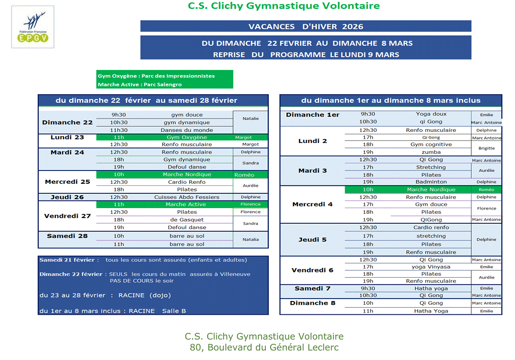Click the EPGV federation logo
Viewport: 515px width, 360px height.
point(32,27)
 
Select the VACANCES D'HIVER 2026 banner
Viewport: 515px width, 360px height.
point(305,26)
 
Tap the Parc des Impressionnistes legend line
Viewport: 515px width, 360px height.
point(156,76)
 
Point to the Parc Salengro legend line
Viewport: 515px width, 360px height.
point(140,84)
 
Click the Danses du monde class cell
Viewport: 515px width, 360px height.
point(187,130)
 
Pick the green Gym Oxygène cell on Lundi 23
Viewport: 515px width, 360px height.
point(187,137)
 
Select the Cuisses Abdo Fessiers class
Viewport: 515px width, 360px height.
point(187,197)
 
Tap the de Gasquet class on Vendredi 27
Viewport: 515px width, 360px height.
point(187,220)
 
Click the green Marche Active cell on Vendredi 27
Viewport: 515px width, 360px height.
point(187,204)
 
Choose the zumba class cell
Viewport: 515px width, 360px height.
point(431,152)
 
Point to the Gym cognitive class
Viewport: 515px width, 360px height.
point(431,144)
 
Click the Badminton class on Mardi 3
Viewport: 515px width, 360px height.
point(431,182)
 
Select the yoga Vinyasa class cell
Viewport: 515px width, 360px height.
point(431,267)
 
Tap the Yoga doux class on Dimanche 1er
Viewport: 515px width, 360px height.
point(431,114)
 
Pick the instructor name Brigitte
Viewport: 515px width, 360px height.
point(486,148)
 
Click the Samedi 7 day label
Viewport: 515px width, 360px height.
point(312,289)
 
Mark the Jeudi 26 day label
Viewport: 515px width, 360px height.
point(67,197)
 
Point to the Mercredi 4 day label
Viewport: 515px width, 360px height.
point(312,204)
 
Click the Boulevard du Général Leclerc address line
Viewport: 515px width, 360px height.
point(264,348)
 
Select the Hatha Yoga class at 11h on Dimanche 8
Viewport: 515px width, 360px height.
point(431,311)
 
